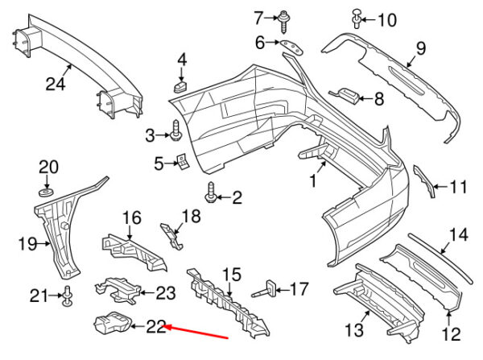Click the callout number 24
pyautogui.click(x=56, y=84)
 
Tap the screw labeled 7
pyautogui.click(x=283, y=22)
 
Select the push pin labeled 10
pyautogui.click(x=357, y=19)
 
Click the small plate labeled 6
pyautogui.click(x=291, y=47)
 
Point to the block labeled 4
pyautogui.click(x=181, y=86)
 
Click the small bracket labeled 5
pyautogui.click(x=183, y=162)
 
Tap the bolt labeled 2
pyautogui.click(x=212, y=192)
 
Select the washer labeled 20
pyautogui.click(x=46, y=192)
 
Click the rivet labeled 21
pyautogui.click(x=68, y=296)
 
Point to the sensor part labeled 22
pyautogui.click(x=113, y=322)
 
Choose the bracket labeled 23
pyautogui.click(x=118, y=290)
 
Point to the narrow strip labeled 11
pyautogui.click(x=424, y=181)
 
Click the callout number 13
pyautogui.click(x=354, y=329)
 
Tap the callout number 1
pyautogui.click(x=313, y=180)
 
